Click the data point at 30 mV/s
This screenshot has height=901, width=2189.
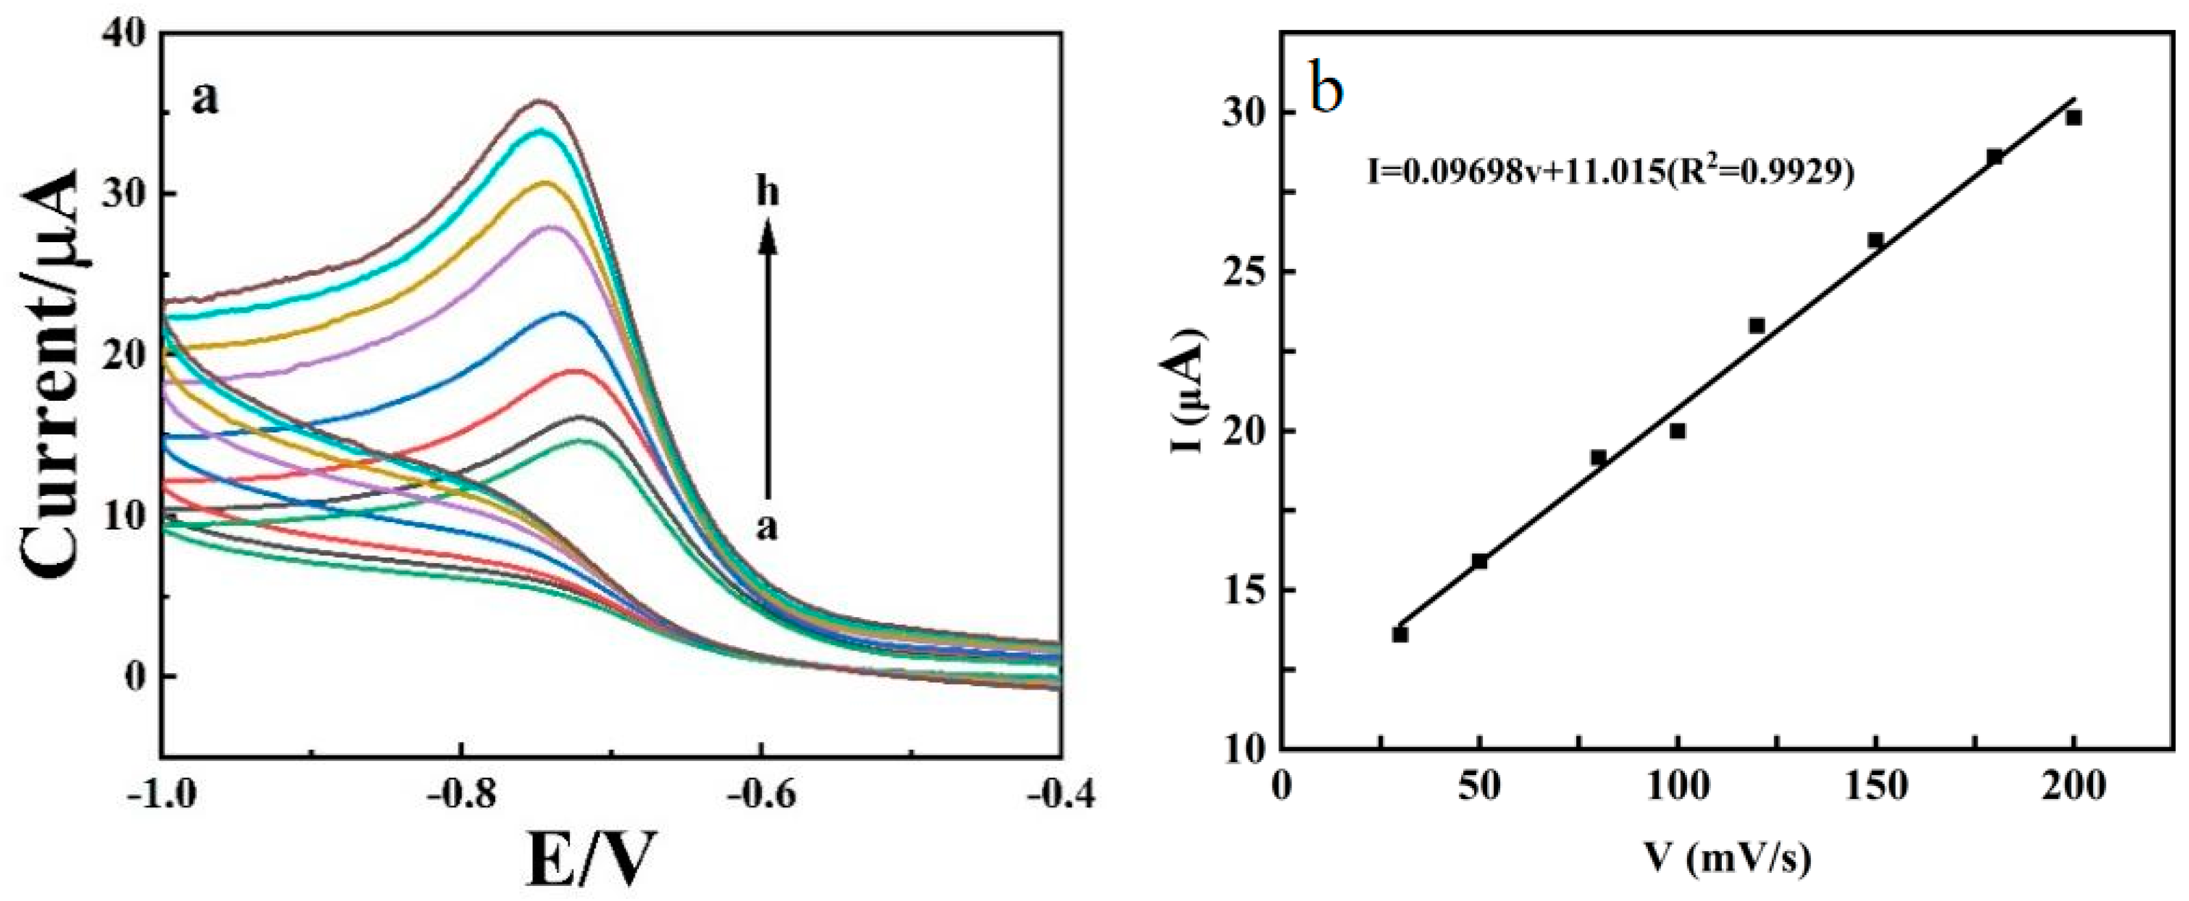pyautogui.click(x=1400, y=634)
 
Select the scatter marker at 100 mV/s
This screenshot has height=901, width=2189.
pyautogui.click(x=1677, y=431)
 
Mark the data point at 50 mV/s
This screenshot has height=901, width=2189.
pyautogui.click(x=1480, y=561)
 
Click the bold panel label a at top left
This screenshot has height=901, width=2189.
pyautogui.click(x=205, y=99)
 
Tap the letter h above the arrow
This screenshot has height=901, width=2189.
pyautogui.click(x=768, y=194)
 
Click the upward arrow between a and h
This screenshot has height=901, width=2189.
pyautogui.click(x=768, y=357)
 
